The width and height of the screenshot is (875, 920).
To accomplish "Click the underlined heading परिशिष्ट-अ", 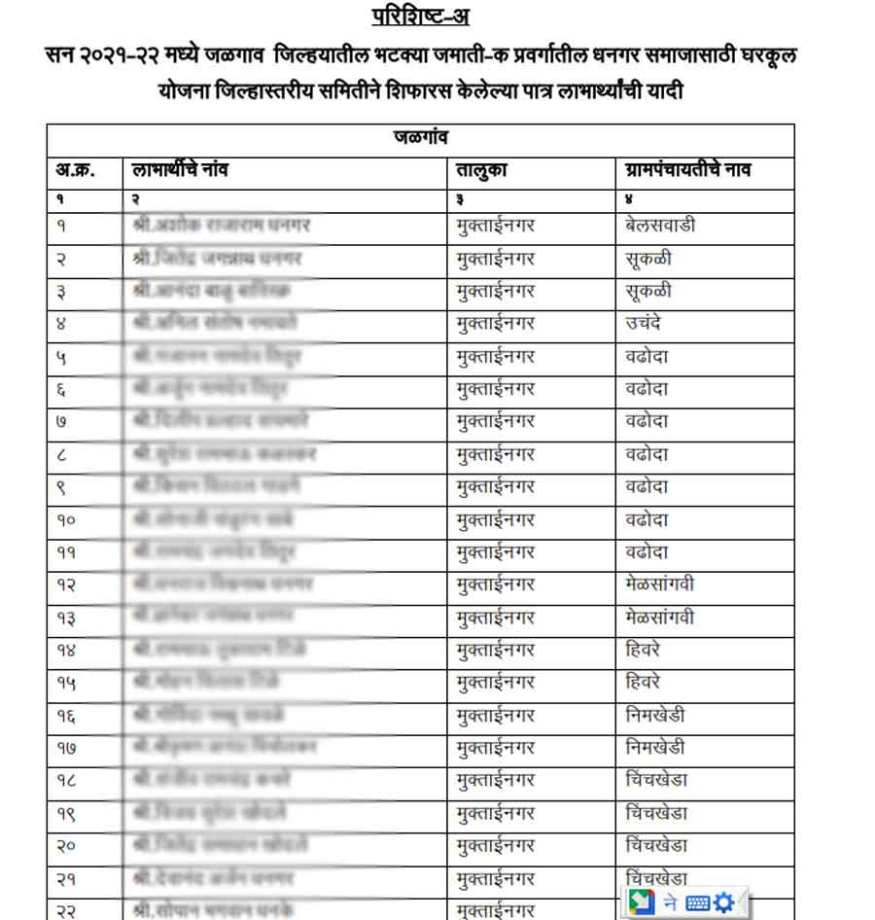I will [420, 17].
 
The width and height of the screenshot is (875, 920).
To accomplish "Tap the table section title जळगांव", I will [420, 137].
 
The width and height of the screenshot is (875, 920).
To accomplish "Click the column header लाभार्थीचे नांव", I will [181, 170].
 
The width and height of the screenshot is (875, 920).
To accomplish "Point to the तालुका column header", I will [482, 170].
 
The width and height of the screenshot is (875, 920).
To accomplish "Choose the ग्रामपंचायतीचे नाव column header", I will [688, 170].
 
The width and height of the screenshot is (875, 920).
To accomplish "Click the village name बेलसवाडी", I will [661, 226].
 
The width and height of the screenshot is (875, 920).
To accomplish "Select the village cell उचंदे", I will [644, 323].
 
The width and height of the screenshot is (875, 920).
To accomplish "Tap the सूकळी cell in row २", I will [648, 259].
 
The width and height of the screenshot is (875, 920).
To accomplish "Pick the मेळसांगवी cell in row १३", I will [661, 618].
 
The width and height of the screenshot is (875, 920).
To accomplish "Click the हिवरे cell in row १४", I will [644, 651].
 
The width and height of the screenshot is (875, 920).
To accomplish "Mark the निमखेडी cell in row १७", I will [656, 748].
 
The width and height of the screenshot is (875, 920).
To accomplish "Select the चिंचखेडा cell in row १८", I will [658, 781].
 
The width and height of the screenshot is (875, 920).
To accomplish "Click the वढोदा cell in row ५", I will [647, 356].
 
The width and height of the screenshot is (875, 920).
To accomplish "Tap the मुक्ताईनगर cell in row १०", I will [496, 519].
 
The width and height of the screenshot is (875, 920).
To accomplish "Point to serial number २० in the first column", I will [66, 846].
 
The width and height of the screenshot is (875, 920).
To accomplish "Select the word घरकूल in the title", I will [762, 55].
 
